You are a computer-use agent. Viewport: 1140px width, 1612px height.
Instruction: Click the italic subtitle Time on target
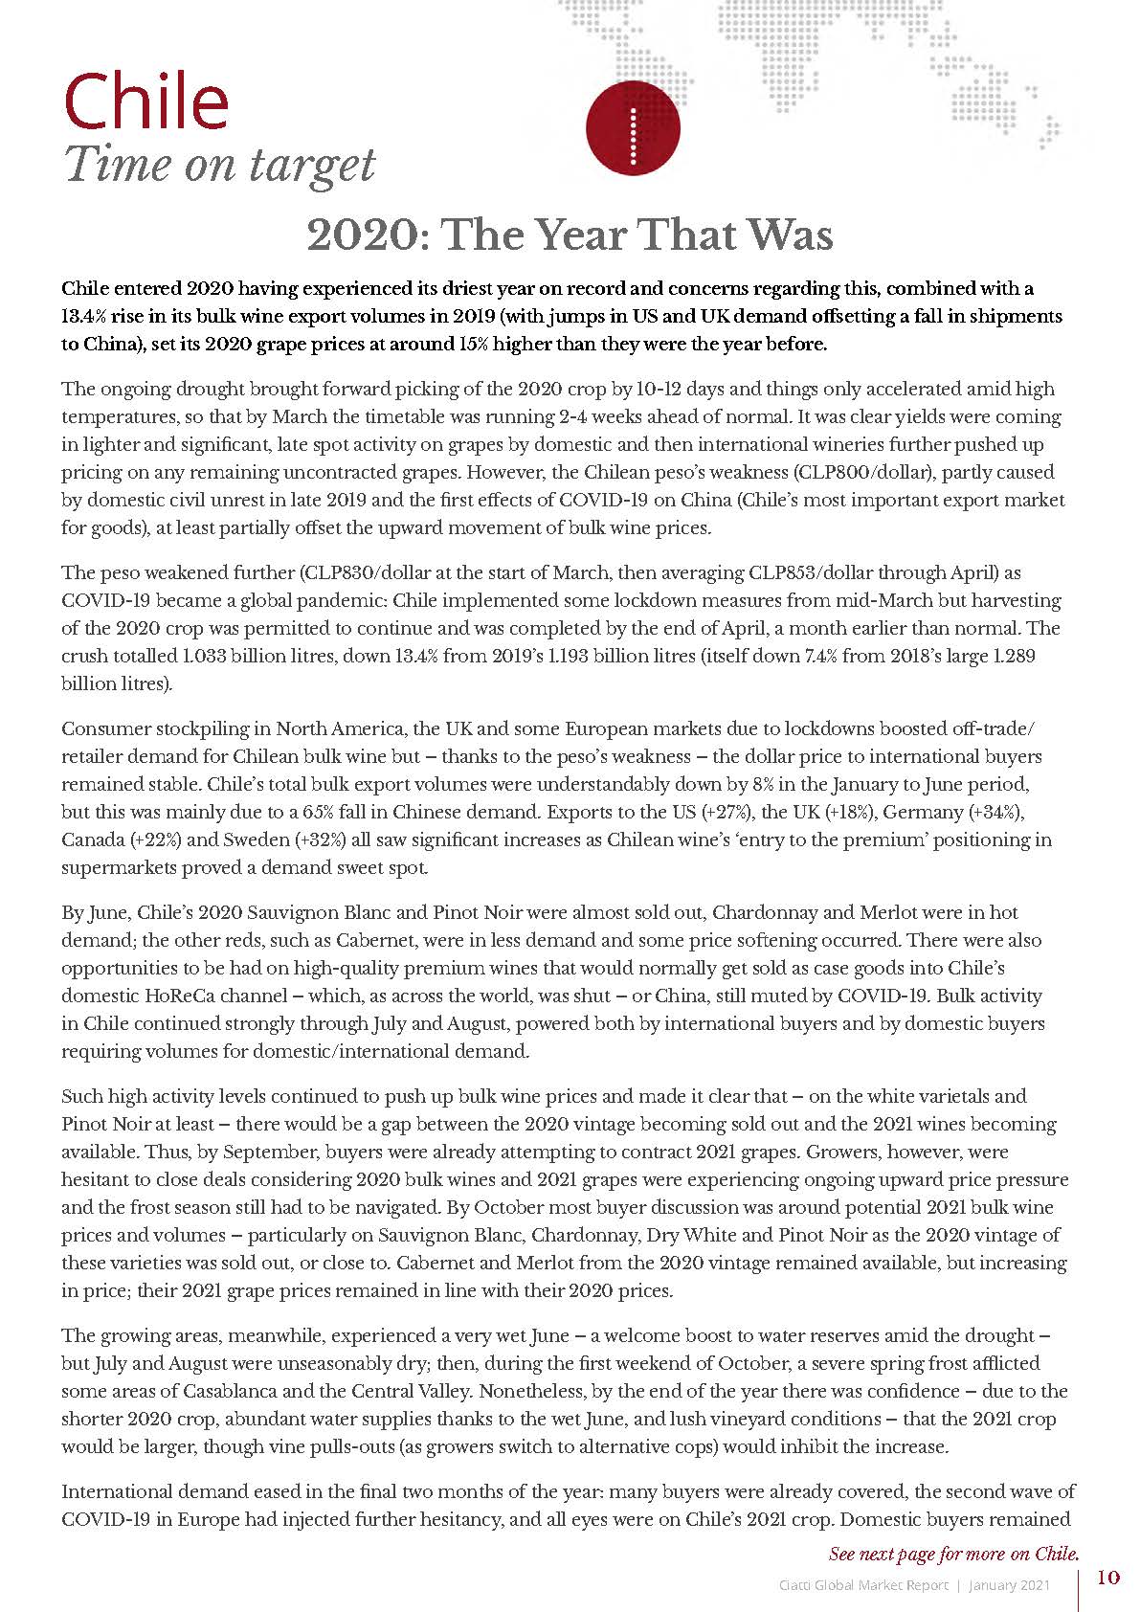pyautogui.click(x=219, y=165)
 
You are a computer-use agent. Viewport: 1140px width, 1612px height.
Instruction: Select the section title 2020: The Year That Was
pyautogui.click(x=570, y=235)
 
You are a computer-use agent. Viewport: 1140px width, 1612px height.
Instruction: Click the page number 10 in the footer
pyautogui.click(x=1107, y=1578)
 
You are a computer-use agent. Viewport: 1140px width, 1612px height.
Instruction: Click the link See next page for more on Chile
pyautogui.click(x=953, y=1553)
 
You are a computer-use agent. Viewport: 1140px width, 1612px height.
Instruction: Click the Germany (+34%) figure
pyautogui.click(x=989, y=812)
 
